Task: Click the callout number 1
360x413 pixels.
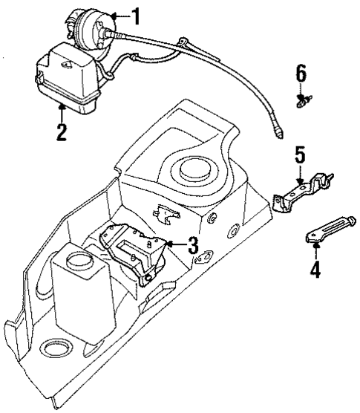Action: (134, 13)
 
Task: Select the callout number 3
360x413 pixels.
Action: (192, 244)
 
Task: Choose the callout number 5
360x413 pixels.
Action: (299, 155)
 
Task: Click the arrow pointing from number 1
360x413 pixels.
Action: (119, 14)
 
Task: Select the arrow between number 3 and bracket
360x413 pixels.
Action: (174, 243)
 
